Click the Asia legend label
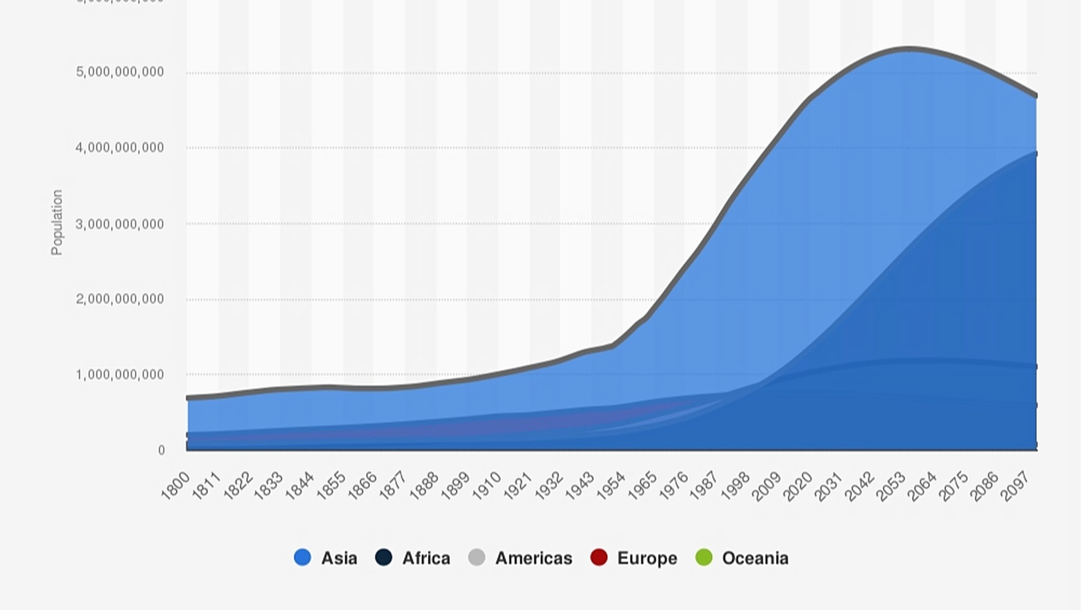click(339, 558)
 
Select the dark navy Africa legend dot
click(383, 558)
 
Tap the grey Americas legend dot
click(477, 558)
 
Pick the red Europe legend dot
click(599, 558)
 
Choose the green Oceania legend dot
click(704, 558)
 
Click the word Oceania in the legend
click(755, 558)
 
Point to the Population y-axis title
click(57, 222)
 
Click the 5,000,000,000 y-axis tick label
click(119, 72)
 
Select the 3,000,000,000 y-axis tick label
click(119, 224)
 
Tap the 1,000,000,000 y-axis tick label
click(119, 375)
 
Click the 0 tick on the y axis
click(161, 450)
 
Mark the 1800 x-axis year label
click(176, 485)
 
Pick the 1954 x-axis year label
click(611, 485)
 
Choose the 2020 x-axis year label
click(798, 486)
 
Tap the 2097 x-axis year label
click(1015, 486)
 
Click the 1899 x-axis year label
click(456, 485)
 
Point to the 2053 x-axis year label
click(891, 486)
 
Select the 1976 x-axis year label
click(673, 485)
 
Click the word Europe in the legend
click(647, 558)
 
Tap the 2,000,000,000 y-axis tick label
click(119, 299)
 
